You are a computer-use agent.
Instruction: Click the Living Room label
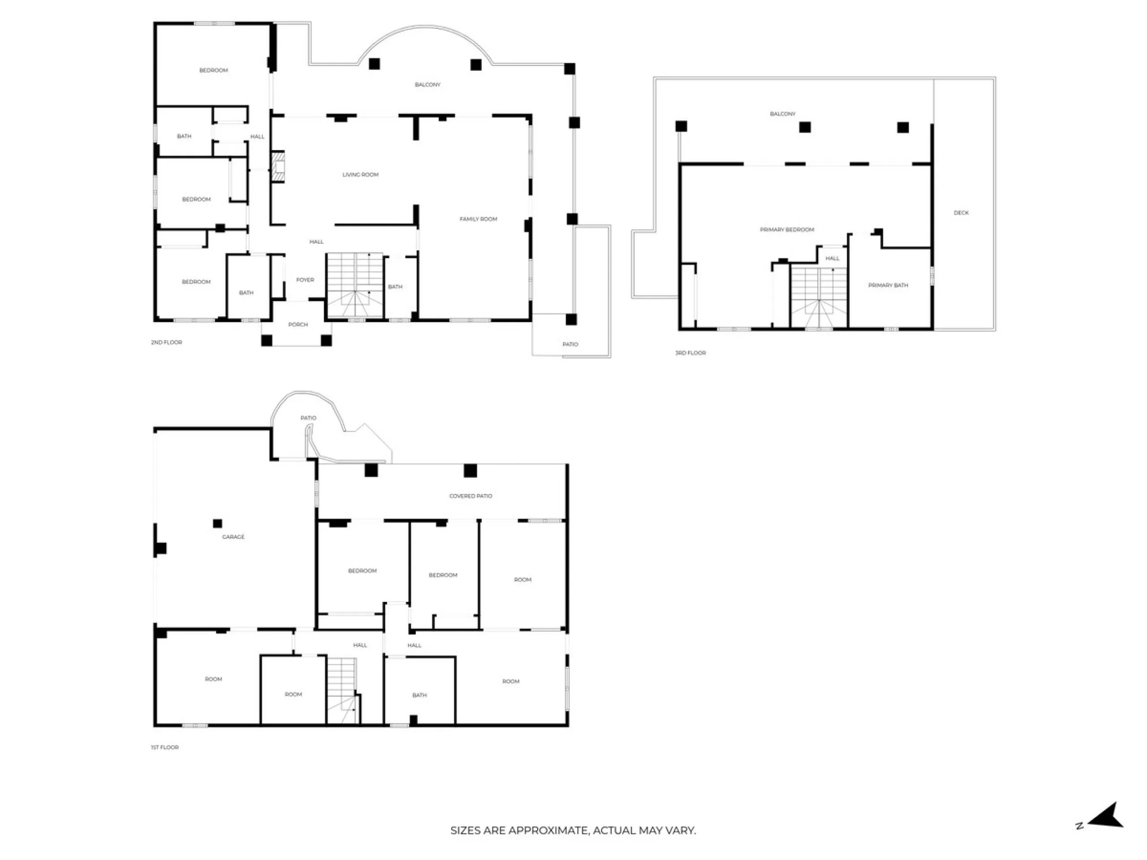click(360, 175)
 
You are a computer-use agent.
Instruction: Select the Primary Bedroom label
click(787, 230)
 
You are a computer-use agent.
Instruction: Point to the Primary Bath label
click(888, 285)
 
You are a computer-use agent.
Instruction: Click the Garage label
click(233, 537)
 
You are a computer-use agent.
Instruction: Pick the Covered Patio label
click(470, 496)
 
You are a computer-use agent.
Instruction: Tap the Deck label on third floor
click(961, 213)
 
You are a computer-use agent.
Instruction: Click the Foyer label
click(305, 280)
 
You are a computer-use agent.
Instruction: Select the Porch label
click(298, 324)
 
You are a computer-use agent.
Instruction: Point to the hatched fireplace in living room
click(278, 167)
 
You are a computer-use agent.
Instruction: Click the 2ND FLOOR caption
click(167, 342)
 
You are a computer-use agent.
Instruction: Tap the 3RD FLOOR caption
click(690, 353)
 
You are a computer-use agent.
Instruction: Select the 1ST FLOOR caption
click(164, 747)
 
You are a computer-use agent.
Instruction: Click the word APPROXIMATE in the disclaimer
click(548, 830)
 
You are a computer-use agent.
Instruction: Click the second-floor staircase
click(355, 285)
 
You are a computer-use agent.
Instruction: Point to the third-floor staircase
click(819, 297)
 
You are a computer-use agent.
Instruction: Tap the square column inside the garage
click(218, 524)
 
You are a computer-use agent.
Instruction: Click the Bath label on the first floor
click(419, 695)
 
